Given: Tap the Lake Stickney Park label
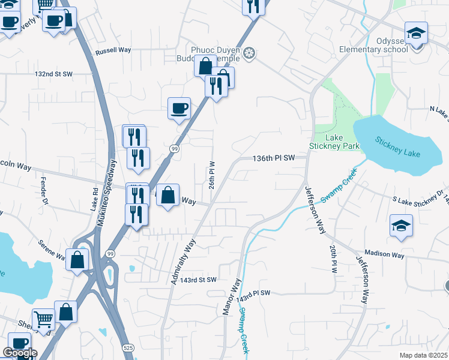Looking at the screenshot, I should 326,142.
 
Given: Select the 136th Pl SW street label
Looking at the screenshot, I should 274,158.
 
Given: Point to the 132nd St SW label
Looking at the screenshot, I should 53,74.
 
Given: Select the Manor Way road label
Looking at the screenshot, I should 232,297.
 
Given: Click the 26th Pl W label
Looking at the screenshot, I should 212,175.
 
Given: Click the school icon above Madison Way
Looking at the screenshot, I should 401,226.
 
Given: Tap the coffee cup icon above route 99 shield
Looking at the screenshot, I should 179,109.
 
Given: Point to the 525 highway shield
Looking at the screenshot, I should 128,348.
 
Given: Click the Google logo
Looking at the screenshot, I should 20,353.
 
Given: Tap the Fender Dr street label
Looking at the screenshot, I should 43,188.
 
